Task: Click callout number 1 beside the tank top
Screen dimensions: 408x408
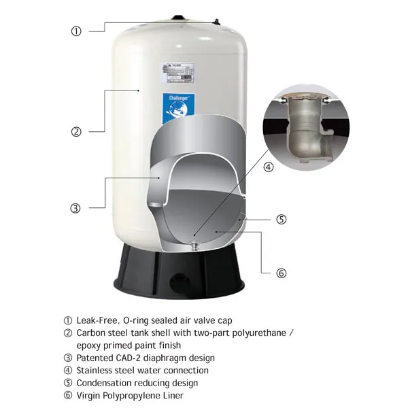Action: [x=76, y=31]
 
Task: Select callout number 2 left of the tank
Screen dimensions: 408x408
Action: [x=76, y=132]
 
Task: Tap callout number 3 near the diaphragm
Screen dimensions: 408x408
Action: [x=76, y=208]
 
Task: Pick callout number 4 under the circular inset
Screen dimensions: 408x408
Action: [x=269, y=167]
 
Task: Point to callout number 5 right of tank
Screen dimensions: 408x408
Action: [x=281, y=219]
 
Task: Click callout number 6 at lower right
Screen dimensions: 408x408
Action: [x=281, y=273]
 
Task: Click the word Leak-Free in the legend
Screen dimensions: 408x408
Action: [x=96, y=320]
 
